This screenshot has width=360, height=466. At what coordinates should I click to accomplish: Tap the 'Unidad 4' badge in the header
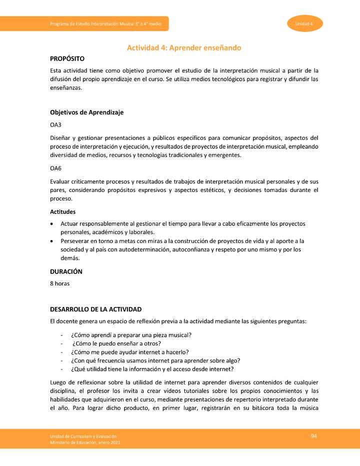click(x=304, y=24)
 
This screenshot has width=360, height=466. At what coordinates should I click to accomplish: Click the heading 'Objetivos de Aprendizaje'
click(x=86, y=112)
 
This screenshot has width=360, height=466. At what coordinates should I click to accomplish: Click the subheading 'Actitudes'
click(x=63, y=211)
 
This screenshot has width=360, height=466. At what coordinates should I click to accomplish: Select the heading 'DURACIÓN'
click(x=66, y=271)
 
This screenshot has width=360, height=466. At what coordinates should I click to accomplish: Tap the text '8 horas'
click(x=59, y=283)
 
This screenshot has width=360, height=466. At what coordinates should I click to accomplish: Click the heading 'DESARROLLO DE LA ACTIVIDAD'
click(x=95, y=309)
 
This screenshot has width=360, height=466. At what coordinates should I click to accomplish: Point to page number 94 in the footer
click(x=314, y=436)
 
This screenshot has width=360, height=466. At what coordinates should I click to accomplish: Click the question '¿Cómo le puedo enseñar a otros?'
click(x=116, y=343)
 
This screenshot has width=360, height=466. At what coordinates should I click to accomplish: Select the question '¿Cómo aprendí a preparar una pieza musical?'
click(x=131, y=335)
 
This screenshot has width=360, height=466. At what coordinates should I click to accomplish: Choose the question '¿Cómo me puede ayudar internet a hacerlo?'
click(x=129, y=352)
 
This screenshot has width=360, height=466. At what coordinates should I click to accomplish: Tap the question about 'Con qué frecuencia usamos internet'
click(x=155, y=360)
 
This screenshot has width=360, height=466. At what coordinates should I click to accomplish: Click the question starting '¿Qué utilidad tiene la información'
click(x=152, y=369)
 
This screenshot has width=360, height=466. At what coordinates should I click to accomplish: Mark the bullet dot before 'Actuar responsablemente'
click(x=52, y=223)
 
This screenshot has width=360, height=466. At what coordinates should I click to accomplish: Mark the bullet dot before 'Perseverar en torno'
click(x=52, y=241)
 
